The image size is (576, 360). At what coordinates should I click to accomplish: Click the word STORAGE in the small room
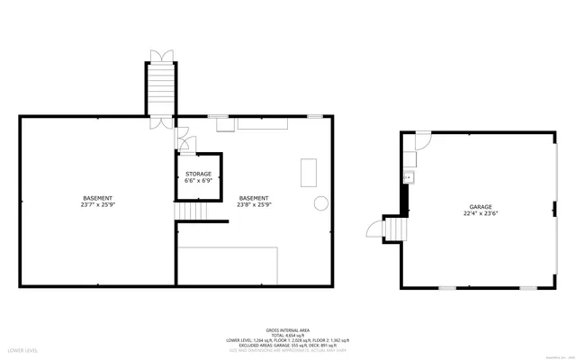(198, 173)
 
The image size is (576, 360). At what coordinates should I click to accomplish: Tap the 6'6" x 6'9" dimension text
(198, 180)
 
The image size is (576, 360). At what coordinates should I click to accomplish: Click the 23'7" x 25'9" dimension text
(97, 204)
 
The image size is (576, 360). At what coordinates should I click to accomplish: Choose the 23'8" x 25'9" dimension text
(254, 204)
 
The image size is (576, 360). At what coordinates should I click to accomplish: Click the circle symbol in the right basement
(319, 202)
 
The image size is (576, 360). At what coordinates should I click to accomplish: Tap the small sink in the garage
(407, 177)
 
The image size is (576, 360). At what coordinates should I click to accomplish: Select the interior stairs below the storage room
(189, 211)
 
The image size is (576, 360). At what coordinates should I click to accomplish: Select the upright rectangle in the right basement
(309, 170)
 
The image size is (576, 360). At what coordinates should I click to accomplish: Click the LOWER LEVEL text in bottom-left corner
(22, 349)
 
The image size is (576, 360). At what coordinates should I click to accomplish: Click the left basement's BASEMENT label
(97, 197)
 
